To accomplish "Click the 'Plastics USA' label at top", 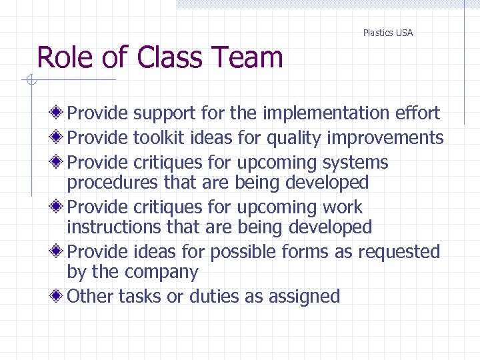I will pyautogui.click(x=387, y=33).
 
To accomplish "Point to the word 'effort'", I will pyautogui.click(x=417, y=113).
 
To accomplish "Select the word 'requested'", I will pyautogui.click(x=399, y=253).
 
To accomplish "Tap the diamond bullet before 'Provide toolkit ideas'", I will pyautogui.click(x=59, y=137).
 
